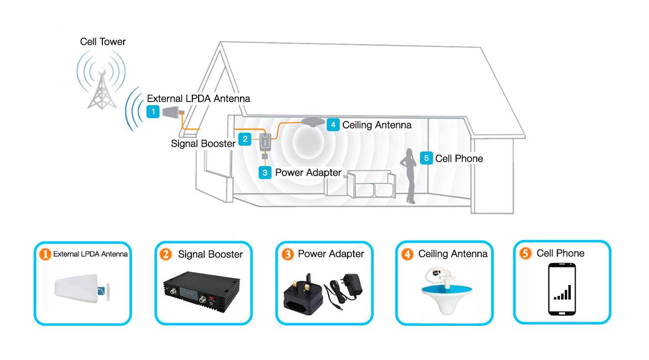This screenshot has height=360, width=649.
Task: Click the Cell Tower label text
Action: tap(102, 42)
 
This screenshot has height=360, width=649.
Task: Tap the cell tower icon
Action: tap(102, 85)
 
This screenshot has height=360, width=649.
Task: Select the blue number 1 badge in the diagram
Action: tap(153, 111)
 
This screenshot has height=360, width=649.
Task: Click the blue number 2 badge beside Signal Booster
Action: tap(245, 139)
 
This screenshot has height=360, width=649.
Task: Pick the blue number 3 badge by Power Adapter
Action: tap(265, 172)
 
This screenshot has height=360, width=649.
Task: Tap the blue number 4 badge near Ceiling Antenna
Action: tap(333, 125)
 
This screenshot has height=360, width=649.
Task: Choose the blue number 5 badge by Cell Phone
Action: tap(426, 158)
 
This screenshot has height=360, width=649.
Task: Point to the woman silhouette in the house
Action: tap(410, 176)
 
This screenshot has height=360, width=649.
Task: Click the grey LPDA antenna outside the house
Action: tap(171, 112)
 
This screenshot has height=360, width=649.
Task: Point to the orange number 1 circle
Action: tap(46, 254)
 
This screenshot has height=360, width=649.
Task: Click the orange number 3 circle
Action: tap(288, 254)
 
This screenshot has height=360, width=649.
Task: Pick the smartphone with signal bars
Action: tap(562, 289)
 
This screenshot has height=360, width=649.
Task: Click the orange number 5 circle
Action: tap(526, 253)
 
